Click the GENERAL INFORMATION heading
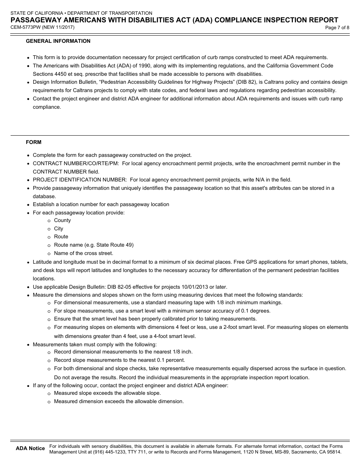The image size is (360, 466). tap(58, 41)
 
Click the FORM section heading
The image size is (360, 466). tap(33, 142)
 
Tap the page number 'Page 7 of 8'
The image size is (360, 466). tap(337, 28)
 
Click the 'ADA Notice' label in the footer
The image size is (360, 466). tap(30, 449)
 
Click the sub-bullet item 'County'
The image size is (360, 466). tap(62, 220)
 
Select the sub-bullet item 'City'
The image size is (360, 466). tap(58, 228)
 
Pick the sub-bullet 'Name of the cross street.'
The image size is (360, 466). tap(83, 253)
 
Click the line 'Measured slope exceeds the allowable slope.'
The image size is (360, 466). tap(107, 393)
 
